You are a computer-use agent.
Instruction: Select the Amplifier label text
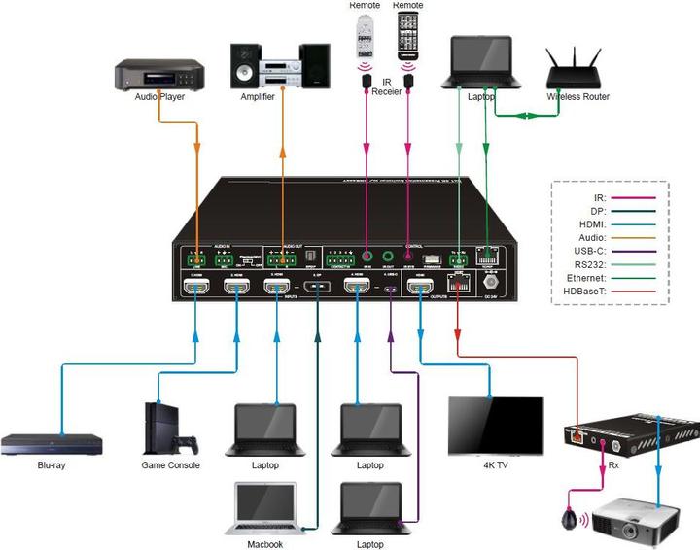(x=258, y=97)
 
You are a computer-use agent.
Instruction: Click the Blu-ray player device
(x=52, y=443)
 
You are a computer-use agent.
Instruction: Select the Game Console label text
(x=171, y=465)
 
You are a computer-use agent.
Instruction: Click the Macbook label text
(x=263, y=544)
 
